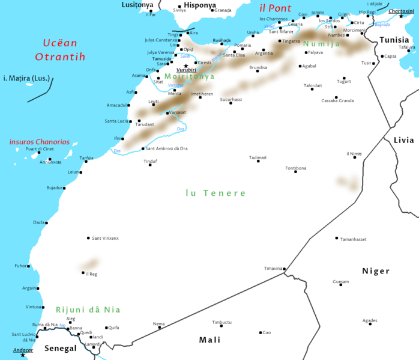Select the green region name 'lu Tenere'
(216, 193)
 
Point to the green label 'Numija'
(321, 44)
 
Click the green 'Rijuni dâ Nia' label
(88, 310)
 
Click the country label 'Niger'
(375, 271)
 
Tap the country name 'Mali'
(209, 340)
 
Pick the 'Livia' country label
(403, 140)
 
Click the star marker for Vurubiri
(186, 66)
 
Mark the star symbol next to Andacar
(23, 355)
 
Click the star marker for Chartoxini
(401, 16)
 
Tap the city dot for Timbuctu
(221, 327)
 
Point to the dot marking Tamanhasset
(337, 238)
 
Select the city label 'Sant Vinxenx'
(105, 238)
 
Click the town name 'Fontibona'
(295, 168)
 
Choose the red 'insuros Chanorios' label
(39, 142)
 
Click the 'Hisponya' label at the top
(199, 5)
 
